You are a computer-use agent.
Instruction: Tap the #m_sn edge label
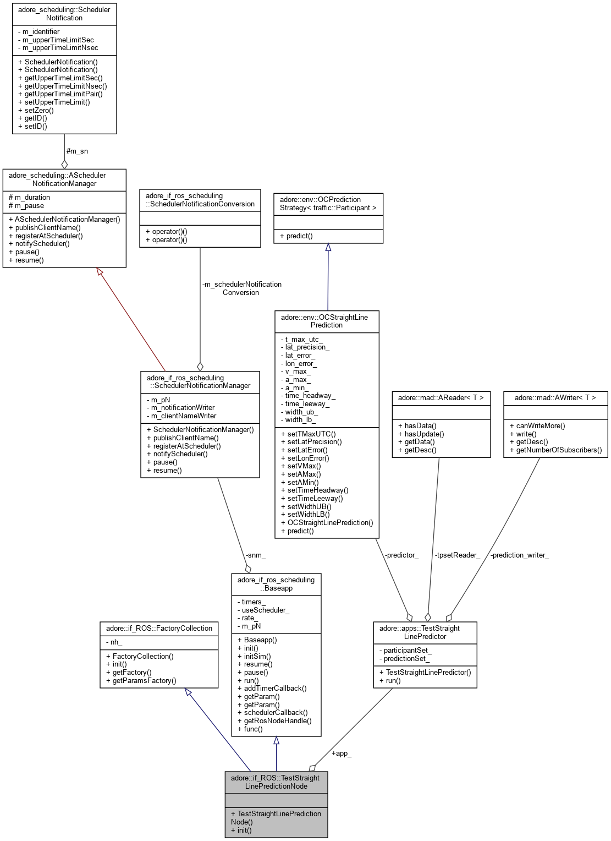pos(77,151)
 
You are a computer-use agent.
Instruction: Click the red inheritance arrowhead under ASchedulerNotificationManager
pos(100,272)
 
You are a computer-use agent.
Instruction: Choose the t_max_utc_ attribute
pos(301,339)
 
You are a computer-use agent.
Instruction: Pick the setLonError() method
pos(305,458)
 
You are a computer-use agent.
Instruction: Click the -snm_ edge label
pos(255,555)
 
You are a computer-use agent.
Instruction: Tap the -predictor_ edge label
pos(401,555)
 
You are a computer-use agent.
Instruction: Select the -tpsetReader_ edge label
pos(457,555)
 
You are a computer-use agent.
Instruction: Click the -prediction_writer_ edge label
pos(519,555)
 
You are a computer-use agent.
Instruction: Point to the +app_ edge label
pos(341,753)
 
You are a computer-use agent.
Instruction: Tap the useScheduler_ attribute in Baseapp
pos(263,610)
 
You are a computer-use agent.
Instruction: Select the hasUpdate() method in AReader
pos(421,434)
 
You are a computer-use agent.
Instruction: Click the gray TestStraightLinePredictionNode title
pos(276,782)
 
